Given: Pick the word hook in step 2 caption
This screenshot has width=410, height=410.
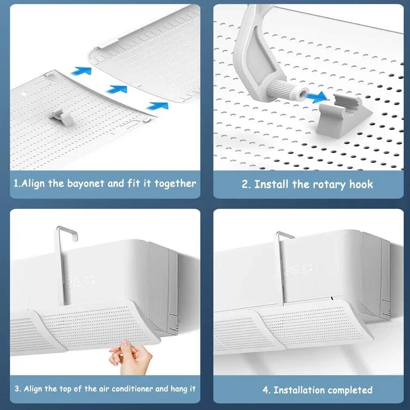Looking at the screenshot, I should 361,184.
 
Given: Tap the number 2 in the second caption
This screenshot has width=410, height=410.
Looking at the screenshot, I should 245,184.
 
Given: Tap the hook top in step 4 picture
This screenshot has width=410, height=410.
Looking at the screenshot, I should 285,235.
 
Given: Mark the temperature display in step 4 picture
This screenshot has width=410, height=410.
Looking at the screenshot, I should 298,270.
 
